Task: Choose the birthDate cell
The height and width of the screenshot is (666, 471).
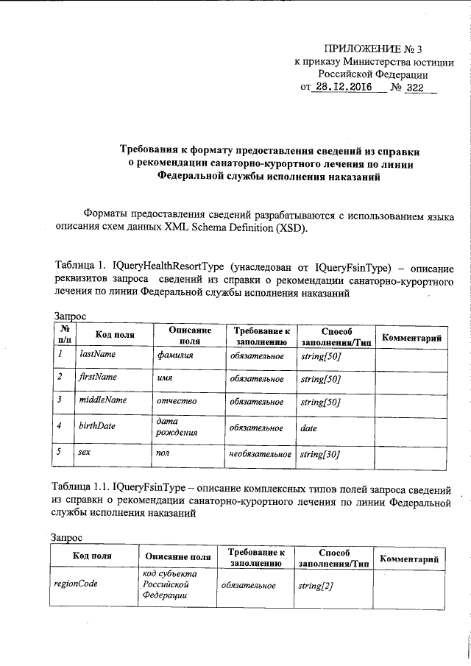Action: [97, 426]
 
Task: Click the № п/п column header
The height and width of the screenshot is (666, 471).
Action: [65, 335]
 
